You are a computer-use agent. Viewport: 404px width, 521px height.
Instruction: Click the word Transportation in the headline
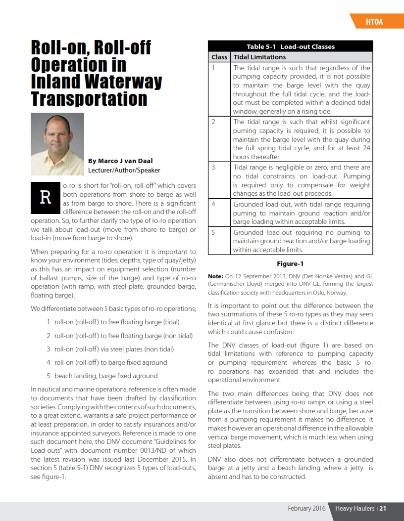click(x=89, y=98)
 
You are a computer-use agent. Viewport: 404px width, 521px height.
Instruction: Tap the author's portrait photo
click(x=57, y=144)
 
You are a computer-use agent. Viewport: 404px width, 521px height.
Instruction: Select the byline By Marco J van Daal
click(x=121, y=161)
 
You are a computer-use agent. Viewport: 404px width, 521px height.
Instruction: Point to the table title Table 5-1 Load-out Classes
click(x=290, y=46)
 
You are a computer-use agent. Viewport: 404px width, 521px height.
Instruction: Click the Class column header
click(x=219, y=57)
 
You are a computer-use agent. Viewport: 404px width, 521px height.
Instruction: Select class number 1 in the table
click(x=213, y=68)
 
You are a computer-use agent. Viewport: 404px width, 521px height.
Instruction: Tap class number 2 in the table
click(x=213, y=122)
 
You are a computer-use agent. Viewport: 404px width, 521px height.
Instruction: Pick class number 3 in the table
click(x=213, y=167)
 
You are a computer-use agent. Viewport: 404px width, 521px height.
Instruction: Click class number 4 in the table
click(x=213, y=204)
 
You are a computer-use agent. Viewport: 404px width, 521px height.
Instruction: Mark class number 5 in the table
click(x=213, y=232)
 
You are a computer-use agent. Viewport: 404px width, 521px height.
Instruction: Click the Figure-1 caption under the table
click(x=290, y=264)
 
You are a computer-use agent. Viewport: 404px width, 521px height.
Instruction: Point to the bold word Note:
click(x=215, y=276)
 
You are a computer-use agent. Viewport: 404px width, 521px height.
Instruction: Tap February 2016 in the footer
click(x=306, y=508)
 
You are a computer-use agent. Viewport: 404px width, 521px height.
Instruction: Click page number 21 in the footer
click(x=383, y=508)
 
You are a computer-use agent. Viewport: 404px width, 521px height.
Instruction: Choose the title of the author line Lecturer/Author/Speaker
click(x=124, y=170)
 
